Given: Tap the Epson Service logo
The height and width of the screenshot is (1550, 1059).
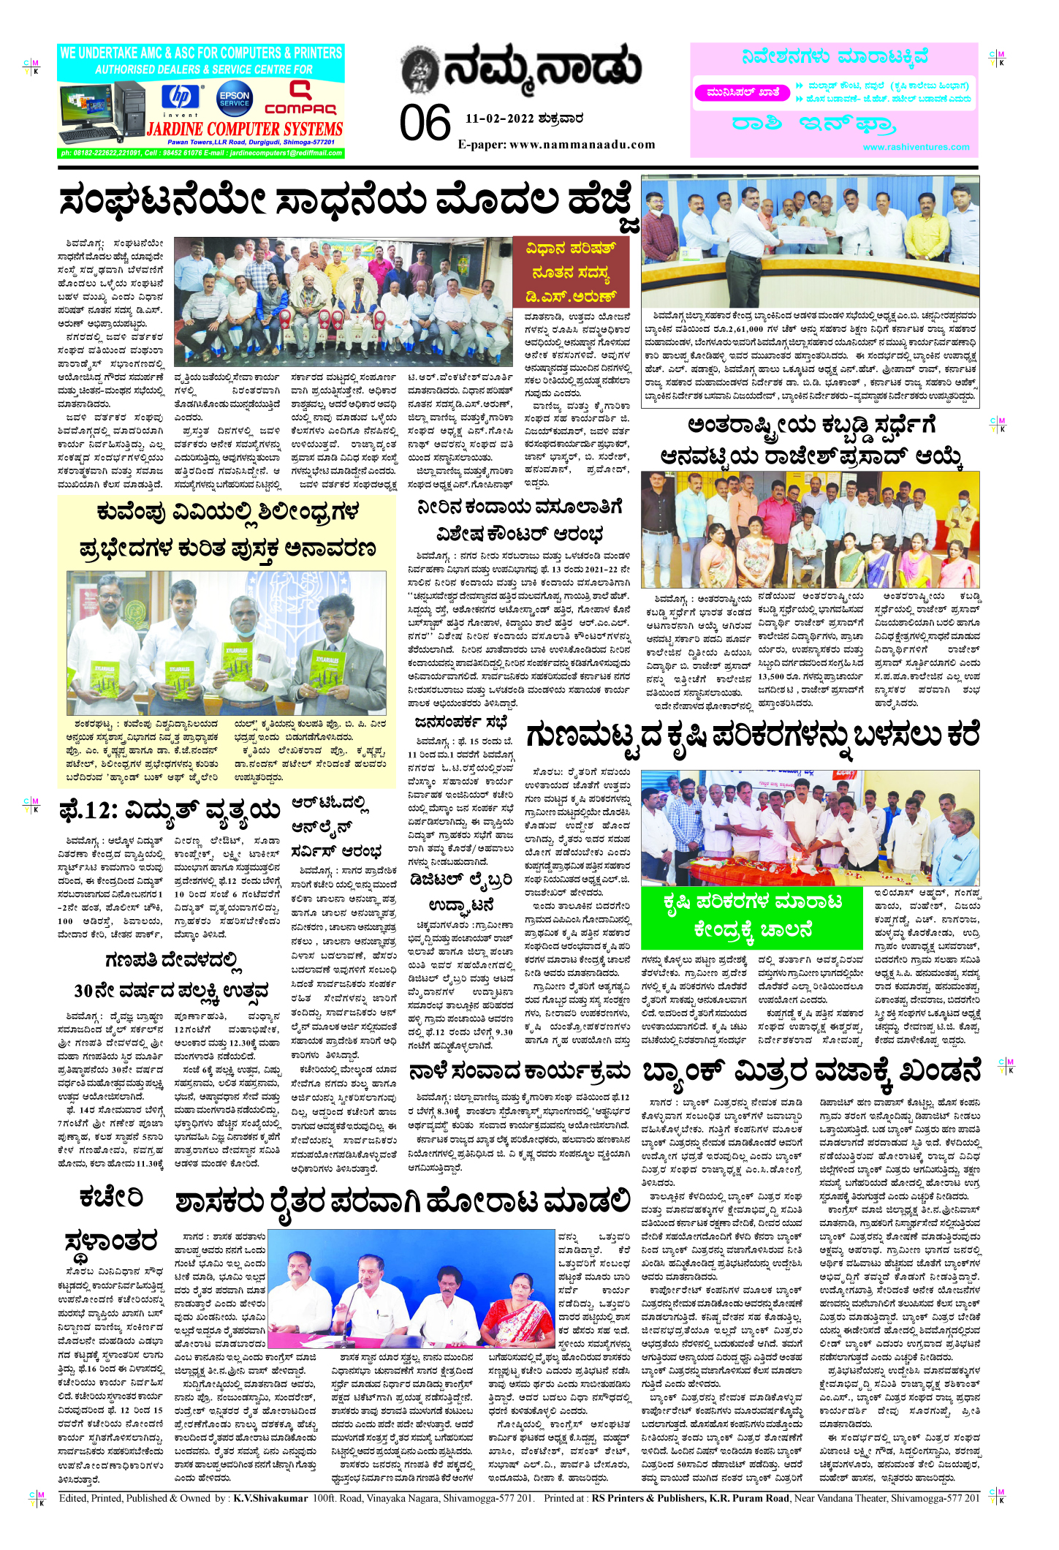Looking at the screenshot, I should tap(234, 98).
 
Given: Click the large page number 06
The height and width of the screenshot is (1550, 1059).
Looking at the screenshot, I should tap(425, 123).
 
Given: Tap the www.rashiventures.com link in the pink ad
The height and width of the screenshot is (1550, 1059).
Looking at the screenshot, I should tap(916, 147).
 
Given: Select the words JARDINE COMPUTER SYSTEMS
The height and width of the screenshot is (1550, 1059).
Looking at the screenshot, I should tap(245, 129).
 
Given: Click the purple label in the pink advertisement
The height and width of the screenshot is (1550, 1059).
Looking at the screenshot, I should tap(743, 93).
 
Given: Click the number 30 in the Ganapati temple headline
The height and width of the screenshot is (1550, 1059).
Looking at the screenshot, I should tap(88, 991).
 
